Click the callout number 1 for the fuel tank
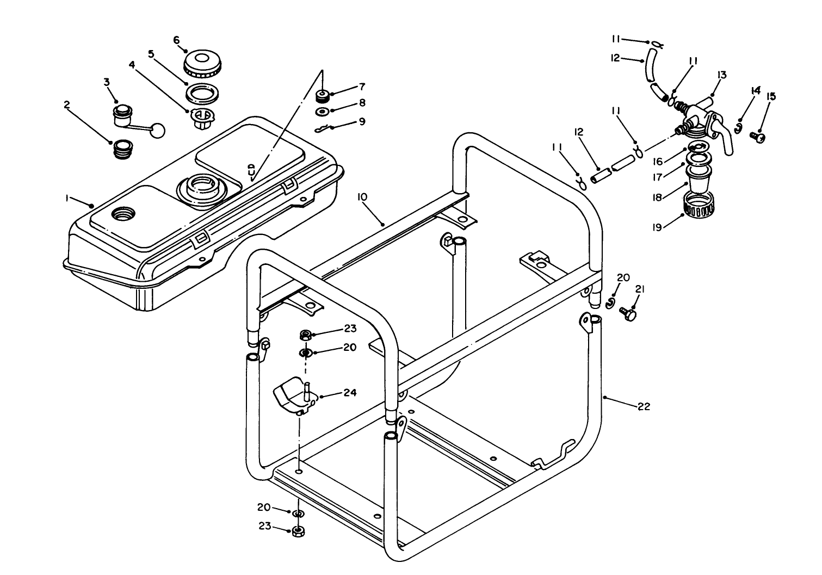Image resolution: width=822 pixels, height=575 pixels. point(68,199)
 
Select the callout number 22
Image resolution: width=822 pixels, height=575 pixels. point(644,406)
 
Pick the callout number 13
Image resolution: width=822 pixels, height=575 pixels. point(721,75)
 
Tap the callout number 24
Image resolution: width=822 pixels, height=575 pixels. point(350,392)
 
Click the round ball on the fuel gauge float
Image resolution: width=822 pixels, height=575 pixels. point(157,131)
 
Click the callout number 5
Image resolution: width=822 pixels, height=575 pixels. point(151,54)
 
